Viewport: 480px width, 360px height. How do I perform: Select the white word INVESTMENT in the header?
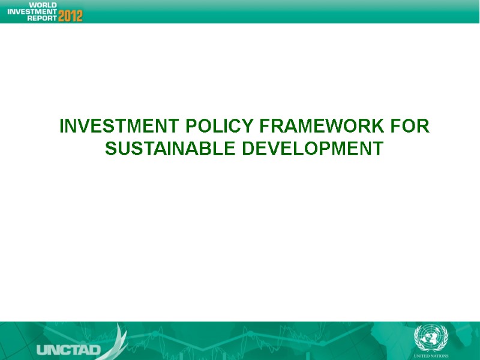pos(32,11)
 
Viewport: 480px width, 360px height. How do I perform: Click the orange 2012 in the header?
pos(70,15)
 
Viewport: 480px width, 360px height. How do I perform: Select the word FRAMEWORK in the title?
pos(322,127)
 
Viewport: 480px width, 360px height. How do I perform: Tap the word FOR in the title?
pos(410,127)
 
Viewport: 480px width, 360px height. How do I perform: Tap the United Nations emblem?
pos(427,337)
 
